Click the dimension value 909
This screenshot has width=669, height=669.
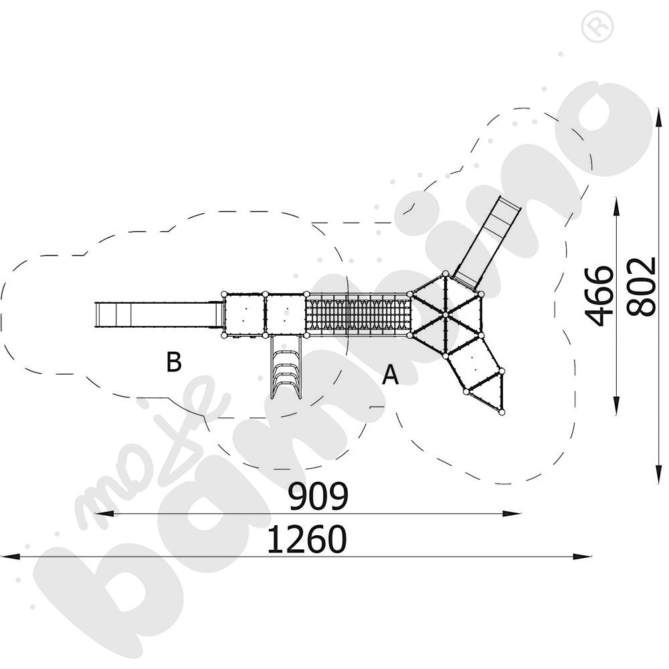[318, 496]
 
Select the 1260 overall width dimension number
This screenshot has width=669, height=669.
[307, 540]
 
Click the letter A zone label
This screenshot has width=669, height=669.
[390, 375]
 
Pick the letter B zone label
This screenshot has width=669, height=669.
[173, 362]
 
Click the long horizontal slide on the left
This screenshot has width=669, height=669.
[157, 314]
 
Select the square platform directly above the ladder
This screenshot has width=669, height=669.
[286, 313]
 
